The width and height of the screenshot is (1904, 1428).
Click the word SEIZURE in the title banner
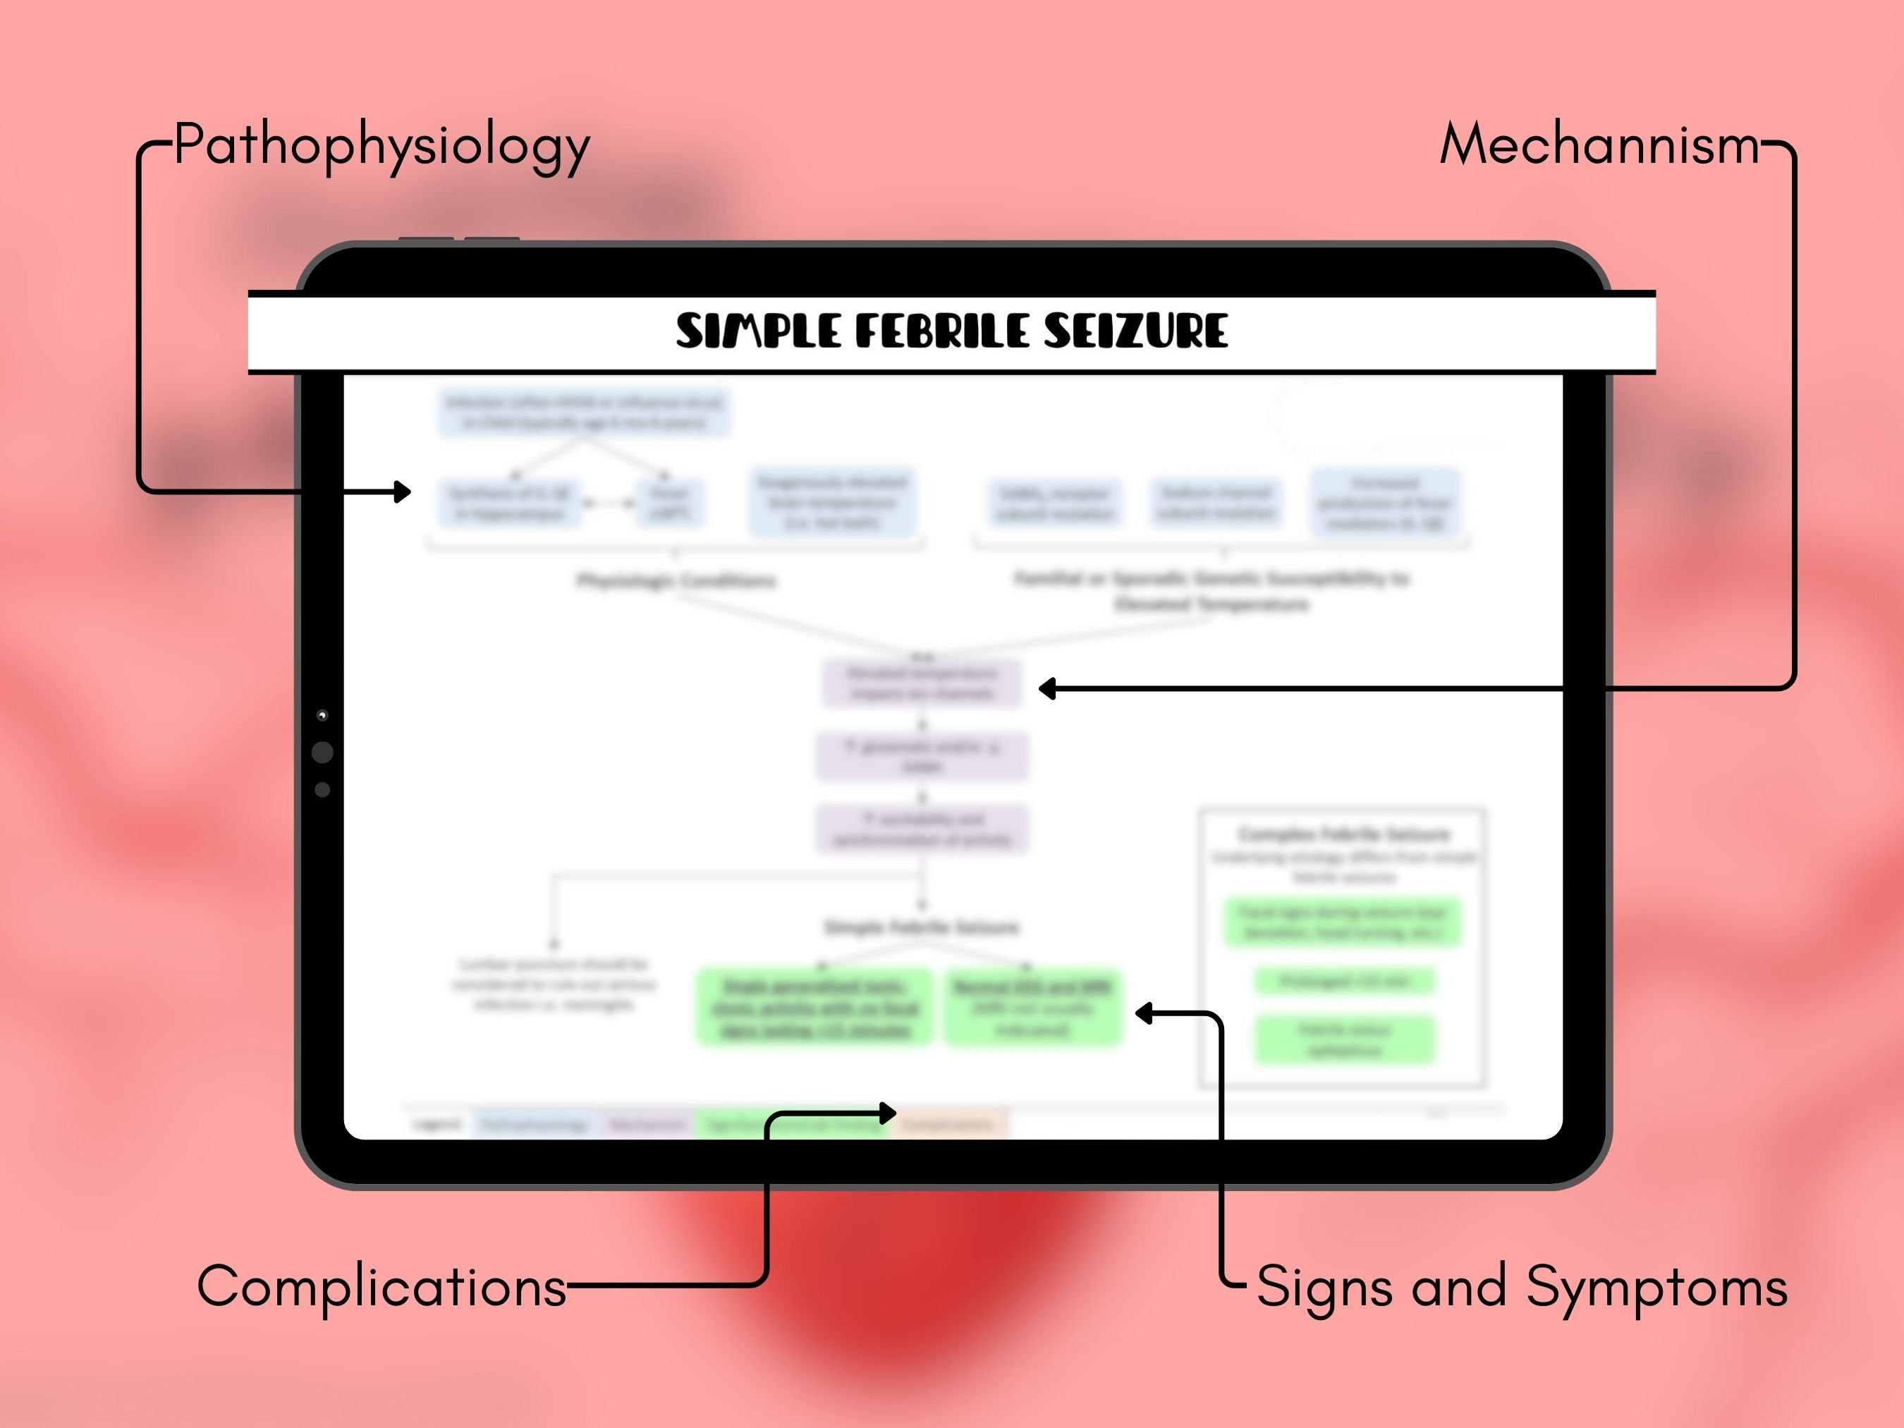(1135, 331)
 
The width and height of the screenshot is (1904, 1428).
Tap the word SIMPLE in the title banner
(757, 331)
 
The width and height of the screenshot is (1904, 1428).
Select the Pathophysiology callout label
(382, 145)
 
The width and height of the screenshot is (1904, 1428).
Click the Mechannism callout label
(1599, 145)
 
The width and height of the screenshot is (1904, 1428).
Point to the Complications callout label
(382, 1287)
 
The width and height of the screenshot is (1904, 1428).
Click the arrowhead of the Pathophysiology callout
(403, 492)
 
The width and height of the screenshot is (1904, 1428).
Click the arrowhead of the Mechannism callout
(1046, 688)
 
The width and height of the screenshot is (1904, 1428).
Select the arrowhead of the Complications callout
(889, 1113)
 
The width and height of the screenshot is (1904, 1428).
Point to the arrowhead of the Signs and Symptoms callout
(1143, 1013)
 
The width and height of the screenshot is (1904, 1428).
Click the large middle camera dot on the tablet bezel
(322, 752)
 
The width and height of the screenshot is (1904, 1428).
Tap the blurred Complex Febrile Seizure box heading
(1343, 834)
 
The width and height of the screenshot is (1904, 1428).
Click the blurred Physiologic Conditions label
(676, 581)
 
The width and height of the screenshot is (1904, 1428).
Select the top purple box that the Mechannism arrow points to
(922, 683)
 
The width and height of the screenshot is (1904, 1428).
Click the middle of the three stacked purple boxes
(922, 757)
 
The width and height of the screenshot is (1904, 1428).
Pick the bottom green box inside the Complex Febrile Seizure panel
(1345, 1039)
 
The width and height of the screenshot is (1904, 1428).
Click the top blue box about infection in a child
(585, 413)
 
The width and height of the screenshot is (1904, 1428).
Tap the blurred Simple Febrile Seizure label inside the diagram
(922, 927)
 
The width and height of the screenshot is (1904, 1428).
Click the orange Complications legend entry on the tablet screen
(948, 1124)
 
